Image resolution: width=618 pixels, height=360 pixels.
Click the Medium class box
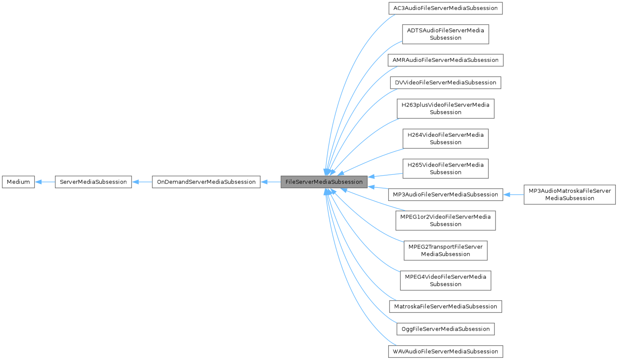click(18, 182)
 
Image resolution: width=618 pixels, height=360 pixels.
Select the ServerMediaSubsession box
click(93, 182)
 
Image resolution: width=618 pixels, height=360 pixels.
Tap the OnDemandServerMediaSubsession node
click(206, 182)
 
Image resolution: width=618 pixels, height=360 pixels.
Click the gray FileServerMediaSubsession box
click(324, 182)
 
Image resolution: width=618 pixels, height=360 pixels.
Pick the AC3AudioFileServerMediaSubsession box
click(445, 8)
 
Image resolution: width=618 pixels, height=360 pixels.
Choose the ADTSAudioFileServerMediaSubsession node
click(445, 34)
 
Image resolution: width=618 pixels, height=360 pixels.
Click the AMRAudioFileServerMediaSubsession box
click(445, 60)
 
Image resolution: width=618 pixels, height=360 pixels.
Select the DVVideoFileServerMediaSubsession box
click(445, 82)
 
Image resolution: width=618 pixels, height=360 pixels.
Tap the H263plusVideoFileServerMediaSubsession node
click(445, 109)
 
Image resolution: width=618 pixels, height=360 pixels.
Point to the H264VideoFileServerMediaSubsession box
click(445, 138)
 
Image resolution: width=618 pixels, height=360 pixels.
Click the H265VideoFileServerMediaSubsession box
click(445, 168)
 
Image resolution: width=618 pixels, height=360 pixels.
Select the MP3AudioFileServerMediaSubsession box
click(445, 194)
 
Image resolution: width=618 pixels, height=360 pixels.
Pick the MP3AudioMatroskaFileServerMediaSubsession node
click(569, 194)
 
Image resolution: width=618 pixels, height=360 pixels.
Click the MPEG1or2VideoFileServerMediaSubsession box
click(445, 220)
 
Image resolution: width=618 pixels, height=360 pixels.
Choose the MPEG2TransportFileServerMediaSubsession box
click(445, 250)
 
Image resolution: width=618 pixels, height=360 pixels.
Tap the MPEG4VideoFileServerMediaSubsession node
click(445, 280)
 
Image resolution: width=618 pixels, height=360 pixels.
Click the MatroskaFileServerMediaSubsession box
click(445, 306)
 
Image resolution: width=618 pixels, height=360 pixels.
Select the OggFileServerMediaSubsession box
click(445, 329)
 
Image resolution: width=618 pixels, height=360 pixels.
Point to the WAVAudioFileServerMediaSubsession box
click(445, 351)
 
